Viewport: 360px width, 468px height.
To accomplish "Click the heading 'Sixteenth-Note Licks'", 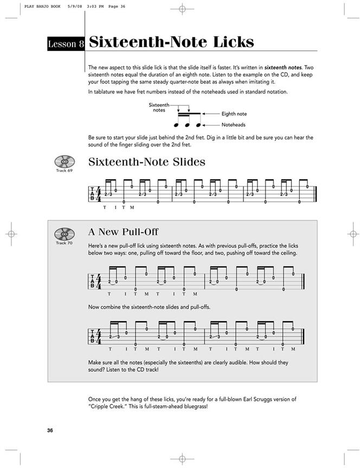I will tap(171, 43).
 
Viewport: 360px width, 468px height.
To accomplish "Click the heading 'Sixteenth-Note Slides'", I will tap(146, 162).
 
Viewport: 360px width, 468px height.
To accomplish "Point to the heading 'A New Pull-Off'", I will tap(123, 232).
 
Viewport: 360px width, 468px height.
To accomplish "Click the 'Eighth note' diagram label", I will tap(234, 114).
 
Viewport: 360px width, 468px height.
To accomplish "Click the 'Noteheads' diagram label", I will tap(233, 125).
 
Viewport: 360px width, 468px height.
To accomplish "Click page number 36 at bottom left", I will tap(50, 431).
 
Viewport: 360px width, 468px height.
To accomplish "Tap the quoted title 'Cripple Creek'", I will tap(108, 406).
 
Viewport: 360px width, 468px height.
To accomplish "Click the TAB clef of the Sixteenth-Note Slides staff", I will tap(92, 194).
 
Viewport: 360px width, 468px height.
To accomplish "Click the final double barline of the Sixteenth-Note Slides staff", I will tap(315, 194).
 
